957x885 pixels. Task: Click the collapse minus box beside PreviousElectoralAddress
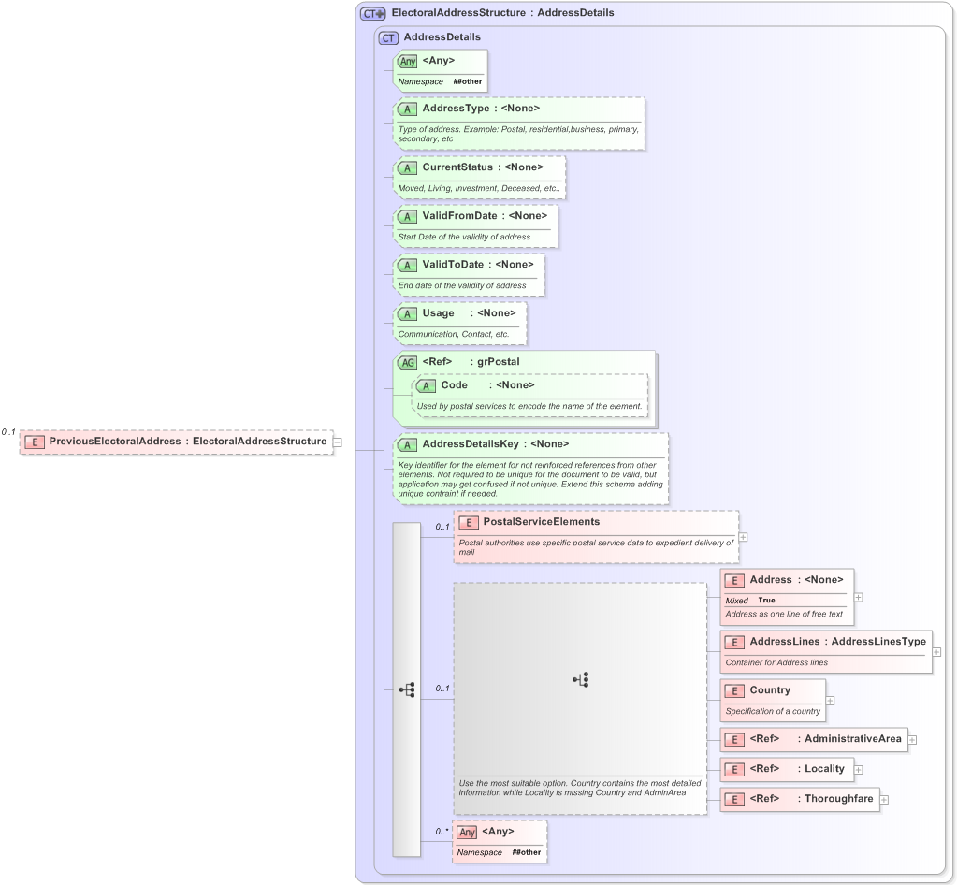(338, 442)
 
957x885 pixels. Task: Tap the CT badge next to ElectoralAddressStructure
(373, 13)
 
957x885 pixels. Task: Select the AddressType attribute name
(456, 109)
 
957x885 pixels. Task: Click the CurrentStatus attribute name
(457, 167)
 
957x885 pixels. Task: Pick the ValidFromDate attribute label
(459, 216)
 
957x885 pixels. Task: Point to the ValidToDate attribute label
(453, 265)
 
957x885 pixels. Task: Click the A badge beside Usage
(407, 313)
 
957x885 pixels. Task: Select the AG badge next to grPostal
(407, 362)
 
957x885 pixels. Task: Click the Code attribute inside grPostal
(454, 385)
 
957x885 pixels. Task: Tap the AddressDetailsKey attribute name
(470, 444)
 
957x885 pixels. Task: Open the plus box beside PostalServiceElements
(743, 537)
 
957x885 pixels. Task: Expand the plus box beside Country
(830, 700)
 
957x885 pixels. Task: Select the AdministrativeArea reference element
(852, 739)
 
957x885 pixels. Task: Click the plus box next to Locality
(859, 770)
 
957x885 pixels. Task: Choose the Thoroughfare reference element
(838, 799)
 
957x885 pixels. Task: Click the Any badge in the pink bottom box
(467, 832)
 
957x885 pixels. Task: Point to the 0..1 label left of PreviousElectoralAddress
(8, 432)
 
